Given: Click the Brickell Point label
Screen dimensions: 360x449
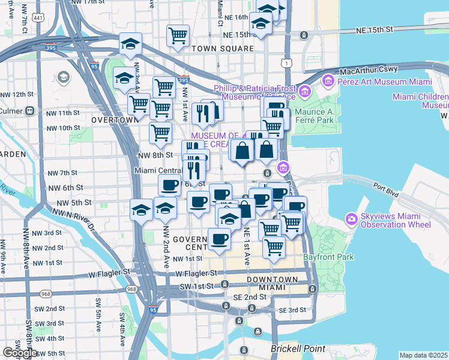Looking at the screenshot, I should coord(298,349).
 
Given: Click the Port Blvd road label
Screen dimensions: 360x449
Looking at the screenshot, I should coord(386,185).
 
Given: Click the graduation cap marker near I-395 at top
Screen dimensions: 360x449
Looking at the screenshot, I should coord(130,44).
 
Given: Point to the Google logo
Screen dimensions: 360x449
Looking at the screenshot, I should coord(19,353).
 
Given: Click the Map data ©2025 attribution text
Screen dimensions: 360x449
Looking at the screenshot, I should coord(423,355).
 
